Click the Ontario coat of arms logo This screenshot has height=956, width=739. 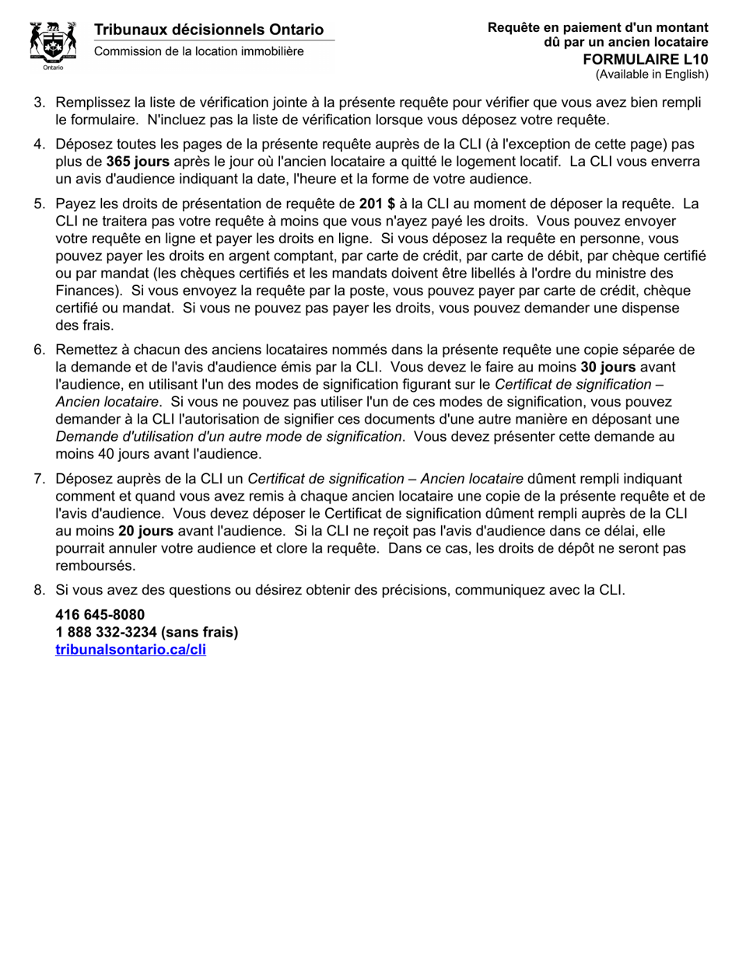53,44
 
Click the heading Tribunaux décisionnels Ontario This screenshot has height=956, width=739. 208,30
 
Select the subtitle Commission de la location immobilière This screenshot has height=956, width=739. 199,51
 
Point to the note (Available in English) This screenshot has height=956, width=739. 652,75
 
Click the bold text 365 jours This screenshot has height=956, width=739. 138,162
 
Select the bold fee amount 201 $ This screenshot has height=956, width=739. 377,204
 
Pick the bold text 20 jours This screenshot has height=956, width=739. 146,531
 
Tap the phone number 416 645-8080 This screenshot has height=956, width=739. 100,615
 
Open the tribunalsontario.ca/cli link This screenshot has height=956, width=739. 131,650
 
